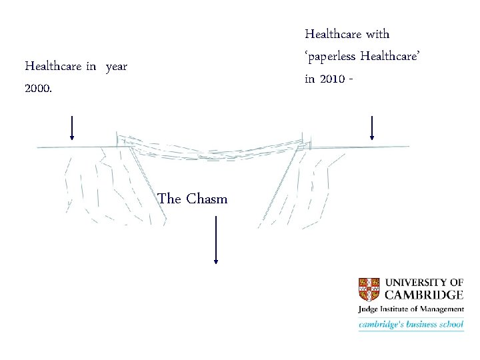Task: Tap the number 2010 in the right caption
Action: click(x=331, y=79)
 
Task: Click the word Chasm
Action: click(x=207, y=199)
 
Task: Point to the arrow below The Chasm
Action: click(x=215, y=240)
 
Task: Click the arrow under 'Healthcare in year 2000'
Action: click(x=72, y=127)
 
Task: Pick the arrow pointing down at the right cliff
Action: click(x=371, y=127)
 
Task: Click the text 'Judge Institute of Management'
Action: click(x=411, y=309)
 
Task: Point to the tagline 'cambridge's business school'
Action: click(x=411, y=325)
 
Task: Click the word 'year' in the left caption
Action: click(x=116, y=66)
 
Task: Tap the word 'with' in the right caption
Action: click(x=379, y=33)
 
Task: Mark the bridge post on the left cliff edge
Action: click(x=117, y=139)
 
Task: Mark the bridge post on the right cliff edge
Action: click(x=304, y=139)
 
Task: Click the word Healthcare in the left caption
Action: click(x=53, y=66)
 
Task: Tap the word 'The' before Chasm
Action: click(x=169, y=199)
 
